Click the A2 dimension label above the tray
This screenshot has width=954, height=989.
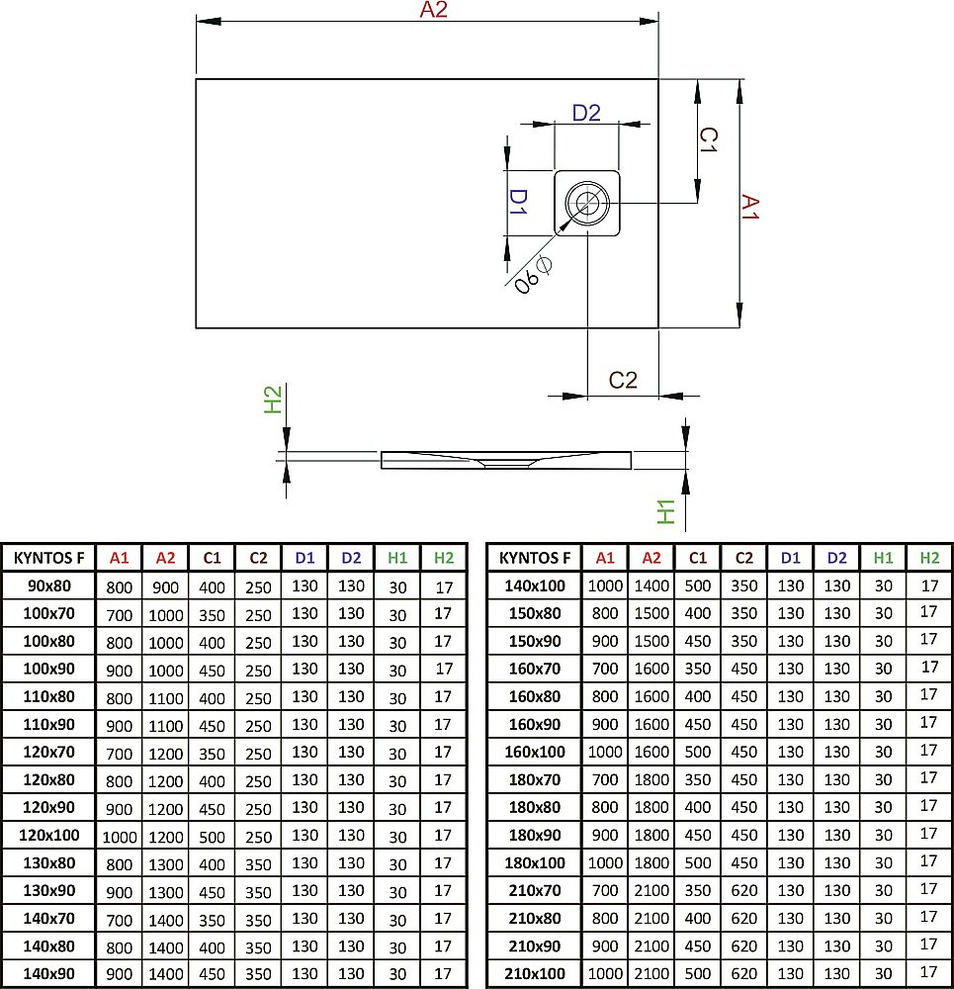coord(434,11)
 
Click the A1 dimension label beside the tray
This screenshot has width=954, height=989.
coord(750,208)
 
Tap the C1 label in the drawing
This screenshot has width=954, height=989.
coord(708,140)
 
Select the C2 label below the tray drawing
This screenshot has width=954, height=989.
coord(623,380)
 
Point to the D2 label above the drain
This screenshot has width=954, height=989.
coord(586,113)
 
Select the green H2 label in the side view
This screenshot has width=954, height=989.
coord(273,400)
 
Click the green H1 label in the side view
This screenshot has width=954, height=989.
coord(667,510)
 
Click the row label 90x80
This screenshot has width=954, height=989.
coord(48,585)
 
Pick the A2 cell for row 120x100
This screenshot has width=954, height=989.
coord(166,836)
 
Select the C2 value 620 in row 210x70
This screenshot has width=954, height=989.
coord(744,891)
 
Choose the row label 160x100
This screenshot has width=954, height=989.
coord(535,753)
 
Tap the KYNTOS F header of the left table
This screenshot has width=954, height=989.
coord(48,558)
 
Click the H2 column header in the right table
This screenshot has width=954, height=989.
coord(929,558)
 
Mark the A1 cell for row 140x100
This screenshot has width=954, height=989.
coord(605,585)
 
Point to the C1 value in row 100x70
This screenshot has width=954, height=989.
coord(212,614)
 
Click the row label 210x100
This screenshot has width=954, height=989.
coord(535,974)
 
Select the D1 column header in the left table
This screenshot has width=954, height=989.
coord(304,558)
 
